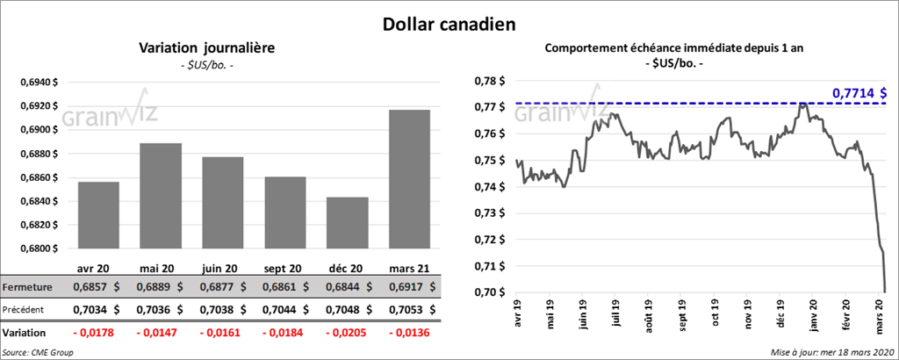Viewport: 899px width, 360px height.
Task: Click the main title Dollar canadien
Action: [x=449, y=25]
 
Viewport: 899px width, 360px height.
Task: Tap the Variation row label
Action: [x=25, y=334]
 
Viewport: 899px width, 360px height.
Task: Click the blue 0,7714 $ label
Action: [x=859, y=91]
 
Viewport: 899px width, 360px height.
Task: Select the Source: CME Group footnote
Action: [x=38, y=352]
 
